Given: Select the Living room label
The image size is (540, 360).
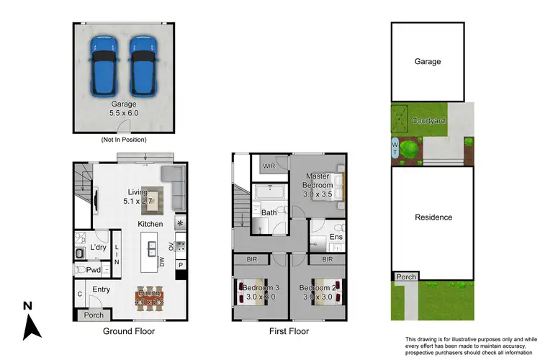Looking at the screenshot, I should point(138,192).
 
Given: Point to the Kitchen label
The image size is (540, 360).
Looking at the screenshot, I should point(150,225).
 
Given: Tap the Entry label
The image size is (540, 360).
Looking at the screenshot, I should point(102,289).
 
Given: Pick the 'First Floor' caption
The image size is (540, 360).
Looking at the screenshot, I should point(289,332).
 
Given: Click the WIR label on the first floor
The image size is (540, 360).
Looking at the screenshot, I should point(269,166).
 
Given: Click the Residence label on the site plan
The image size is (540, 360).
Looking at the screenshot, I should point(433,217).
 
